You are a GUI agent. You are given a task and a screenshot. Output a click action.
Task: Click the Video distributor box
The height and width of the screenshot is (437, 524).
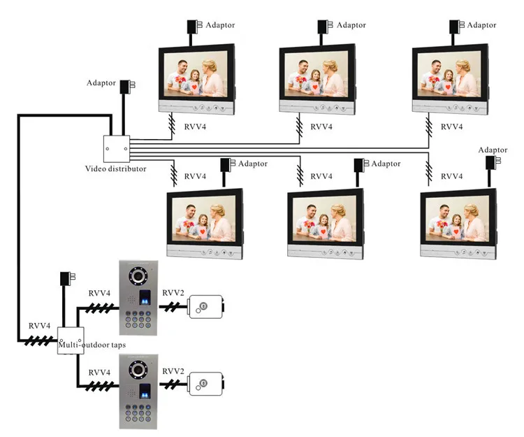click(x=116, y=149)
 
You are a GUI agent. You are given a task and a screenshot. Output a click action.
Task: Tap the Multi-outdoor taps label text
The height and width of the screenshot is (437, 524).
click(x=92, y=345)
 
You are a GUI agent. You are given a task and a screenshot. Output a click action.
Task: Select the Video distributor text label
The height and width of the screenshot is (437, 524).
click(x=115, y=169)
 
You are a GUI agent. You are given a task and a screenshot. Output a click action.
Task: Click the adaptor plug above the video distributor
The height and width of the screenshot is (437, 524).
click(x=127, y=85)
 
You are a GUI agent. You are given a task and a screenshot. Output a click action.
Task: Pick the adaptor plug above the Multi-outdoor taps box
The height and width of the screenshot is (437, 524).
click(x=67, y=278)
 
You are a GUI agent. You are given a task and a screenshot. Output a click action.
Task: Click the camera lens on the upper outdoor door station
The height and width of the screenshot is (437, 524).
click(x=138, y=276)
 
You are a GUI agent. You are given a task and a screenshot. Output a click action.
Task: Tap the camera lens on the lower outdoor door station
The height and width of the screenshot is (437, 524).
click(x=138, y=369)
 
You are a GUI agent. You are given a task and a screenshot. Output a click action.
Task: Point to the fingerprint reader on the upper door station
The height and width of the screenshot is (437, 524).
click(x=145, y=297)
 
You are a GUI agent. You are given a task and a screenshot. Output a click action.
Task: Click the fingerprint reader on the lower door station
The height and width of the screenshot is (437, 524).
click(x=145, y=391)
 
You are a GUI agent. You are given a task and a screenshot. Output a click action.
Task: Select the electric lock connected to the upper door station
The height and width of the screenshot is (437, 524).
click(x=206, y=307)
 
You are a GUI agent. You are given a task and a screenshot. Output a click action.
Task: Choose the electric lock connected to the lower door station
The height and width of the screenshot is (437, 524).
click(x=206, y=384)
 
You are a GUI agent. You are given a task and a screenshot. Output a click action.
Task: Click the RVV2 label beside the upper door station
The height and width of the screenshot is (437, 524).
click(x=173, y=293)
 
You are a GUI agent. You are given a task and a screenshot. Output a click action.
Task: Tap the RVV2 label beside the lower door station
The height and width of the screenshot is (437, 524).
click(x=173, y=371)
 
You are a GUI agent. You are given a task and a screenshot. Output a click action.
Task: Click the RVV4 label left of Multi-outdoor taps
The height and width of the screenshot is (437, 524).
click(x=39, y=326)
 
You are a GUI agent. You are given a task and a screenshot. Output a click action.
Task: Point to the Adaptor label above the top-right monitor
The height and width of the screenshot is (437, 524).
click(x=481, y=25)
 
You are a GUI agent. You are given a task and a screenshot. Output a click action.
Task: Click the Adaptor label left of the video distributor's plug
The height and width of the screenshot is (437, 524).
click(x=101, y=83)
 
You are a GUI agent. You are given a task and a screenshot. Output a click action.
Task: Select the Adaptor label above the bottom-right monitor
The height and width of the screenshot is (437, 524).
click(x=493, y=150)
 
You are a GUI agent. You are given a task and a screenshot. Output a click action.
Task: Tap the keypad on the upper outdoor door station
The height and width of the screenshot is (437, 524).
click(x=138, y=320)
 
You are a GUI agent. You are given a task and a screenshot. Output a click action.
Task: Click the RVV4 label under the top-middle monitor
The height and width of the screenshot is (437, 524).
click(x=321, y=127)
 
